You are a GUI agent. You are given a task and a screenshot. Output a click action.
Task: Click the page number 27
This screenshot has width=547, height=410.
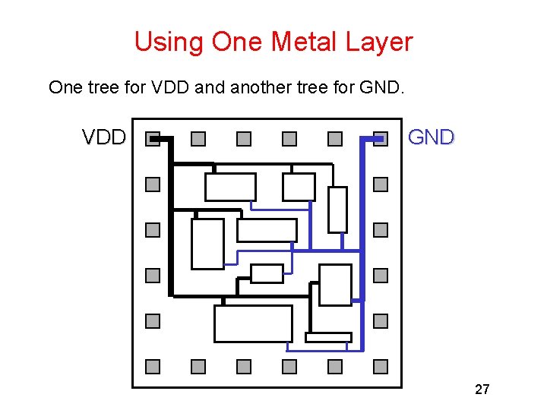pyautogui.click(x=482, y=389)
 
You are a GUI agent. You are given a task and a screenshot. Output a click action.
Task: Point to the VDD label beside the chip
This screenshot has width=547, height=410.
pyautogui.click(x=104, y=137)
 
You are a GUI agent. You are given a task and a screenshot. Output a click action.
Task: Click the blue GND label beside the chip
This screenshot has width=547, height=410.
pyautogui.click(x=431, y=137)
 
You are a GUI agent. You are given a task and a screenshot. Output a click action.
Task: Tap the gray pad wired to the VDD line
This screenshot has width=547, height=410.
pyautogui.click(x=153, y=139)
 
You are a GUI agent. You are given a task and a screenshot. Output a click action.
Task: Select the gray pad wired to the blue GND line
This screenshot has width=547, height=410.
pyautogui.click(x=381, y=139)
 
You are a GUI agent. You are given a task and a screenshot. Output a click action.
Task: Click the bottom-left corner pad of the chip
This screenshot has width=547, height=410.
pyautogui.click(x=153, y=367)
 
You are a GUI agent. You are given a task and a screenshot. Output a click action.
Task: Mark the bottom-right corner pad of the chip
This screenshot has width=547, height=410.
pyautogui.click(x=381, y=367)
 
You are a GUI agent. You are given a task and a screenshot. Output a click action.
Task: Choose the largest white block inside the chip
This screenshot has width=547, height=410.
pyautogui.click(x=253, y=323)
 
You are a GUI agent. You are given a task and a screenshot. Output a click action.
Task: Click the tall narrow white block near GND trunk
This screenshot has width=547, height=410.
pyautogui.click(x=337, y=209)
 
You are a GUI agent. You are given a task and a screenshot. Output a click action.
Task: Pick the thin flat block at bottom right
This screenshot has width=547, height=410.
pyautogui.click(x=328, y=337)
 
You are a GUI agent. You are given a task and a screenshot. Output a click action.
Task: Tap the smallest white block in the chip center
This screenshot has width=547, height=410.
pyautogui.click(x=267, y=273)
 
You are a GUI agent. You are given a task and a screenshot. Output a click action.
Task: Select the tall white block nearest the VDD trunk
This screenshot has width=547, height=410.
pyautogui.click(x=207, y=244)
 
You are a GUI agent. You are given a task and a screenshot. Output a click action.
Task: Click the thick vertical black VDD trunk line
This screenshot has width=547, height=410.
pyautogui.click(x=171, y=220)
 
